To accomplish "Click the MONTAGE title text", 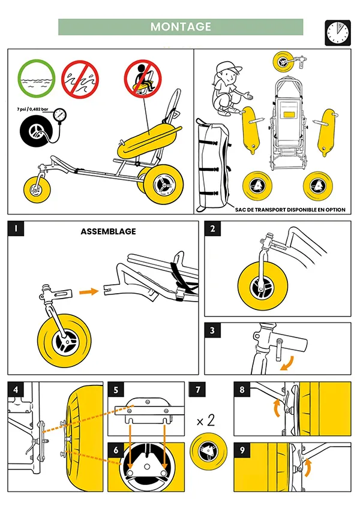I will [181, 27].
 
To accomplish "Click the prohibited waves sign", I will [80, 79].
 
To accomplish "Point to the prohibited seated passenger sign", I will [143, 79].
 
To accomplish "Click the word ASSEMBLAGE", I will [108, 231].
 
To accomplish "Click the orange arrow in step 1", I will [89, 293].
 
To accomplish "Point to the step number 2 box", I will [212, 229].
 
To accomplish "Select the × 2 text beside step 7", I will [206, 420].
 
